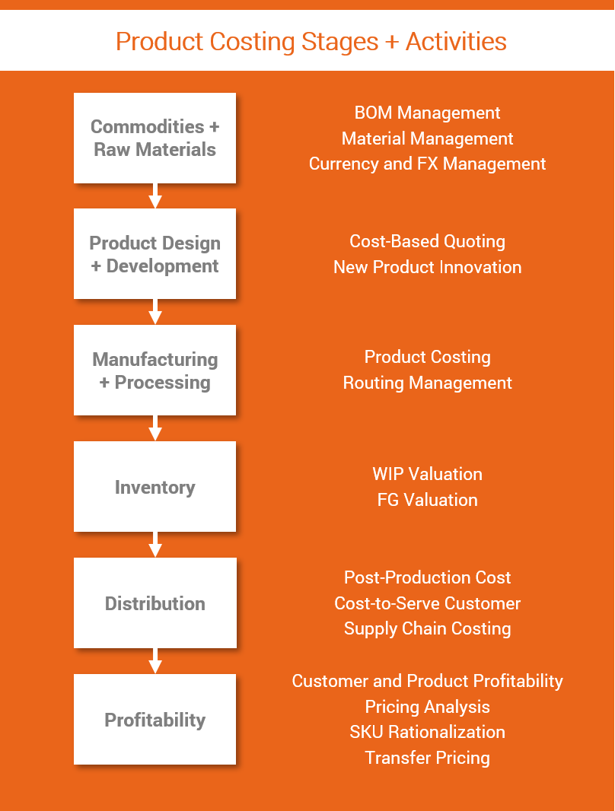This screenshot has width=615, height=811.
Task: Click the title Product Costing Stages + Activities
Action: pyautogui.click(x=311, y=41)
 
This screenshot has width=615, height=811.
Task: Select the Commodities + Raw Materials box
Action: pyautogui.click(x=155, y=138)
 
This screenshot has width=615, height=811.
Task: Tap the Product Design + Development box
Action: pyautogui.click(x=155, y=254)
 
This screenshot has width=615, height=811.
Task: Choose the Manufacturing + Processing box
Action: pyautogui.click(x=155, y=371)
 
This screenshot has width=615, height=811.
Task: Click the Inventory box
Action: pyautogui.click(x=155, y=487)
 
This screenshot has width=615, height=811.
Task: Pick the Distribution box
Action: pyautogui.click(x=155, y=603)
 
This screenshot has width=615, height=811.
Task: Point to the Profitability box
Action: pyautogui.click(x=155, y=720)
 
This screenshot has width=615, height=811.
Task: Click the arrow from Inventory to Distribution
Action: pyautogui.click(x=155, y=545)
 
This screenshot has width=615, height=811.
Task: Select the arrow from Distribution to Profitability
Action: pyautogui.click(x=155, y=661)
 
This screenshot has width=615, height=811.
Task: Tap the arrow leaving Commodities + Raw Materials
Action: pyautogui.click(x=155, y=196)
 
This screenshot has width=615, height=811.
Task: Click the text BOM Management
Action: pyautogui.click(x=427, y=113)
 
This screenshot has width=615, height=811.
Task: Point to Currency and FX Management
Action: pyautogui.click(x=427, y=164)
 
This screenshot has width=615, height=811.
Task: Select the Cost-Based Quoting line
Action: pyautogui.click(x=427, y=241)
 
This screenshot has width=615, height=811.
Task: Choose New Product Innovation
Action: pyautogui.click(x=427, y=267)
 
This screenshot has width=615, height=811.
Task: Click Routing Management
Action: pyautogui.click(x=427, y=383)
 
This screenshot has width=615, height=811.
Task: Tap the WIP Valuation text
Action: pyautogui.click(x=427, y=474)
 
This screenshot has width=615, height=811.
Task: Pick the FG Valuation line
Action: pyautogui.click(x=427, y=500)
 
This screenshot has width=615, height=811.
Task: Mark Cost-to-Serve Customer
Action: pyautogui.click(x=427, y=603)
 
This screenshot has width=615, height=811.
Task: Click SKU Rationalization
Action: pyautogui.click(x=427, y=732)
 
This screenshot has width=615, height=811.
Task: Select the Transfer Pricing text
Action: pyautogui.click(x=427, y=758)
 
